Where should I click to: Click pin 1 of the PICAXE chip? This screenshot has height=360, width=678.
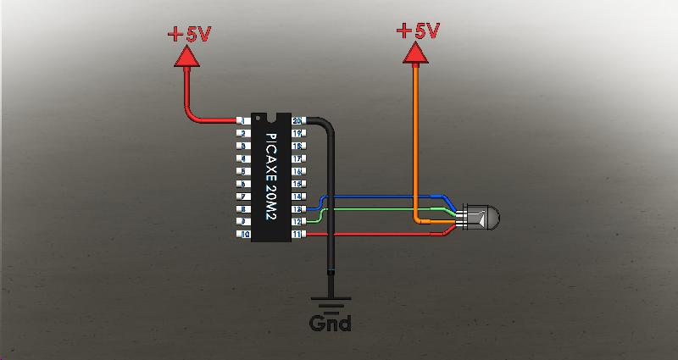(243, 121)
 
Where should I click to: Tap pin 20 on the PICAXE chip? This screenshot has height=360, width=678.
(297, 121)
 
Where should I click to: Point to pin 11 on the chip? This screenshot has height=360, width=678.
(297, 234)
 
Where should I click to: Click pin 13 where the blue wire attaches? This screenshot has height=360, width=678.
(297, 208)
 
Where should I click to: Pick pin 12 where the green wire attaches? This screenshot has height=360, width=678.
(297, 221)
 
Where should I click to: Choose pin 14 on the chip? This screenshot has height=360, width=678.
(297, 196)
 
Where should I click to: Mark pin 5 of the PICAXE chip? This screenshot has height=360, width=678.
(243, 171)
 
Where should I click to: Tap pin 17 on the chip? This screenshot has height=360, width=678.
(297, 158)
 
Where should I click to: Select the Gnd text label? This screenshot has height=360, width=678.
(330, 323)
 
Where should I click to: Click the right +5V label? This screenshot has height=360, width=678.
(417, 32)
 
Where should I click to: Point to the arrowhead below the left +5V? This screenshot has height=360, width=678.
(186, 58)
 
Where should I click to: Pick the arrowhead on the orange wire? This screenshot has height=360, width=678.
(414, 53)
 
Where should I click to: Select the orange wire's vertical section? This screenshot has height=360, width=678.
(415, 136)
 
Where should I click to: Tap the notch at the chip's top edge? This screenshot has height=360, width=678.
(270, 116)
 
